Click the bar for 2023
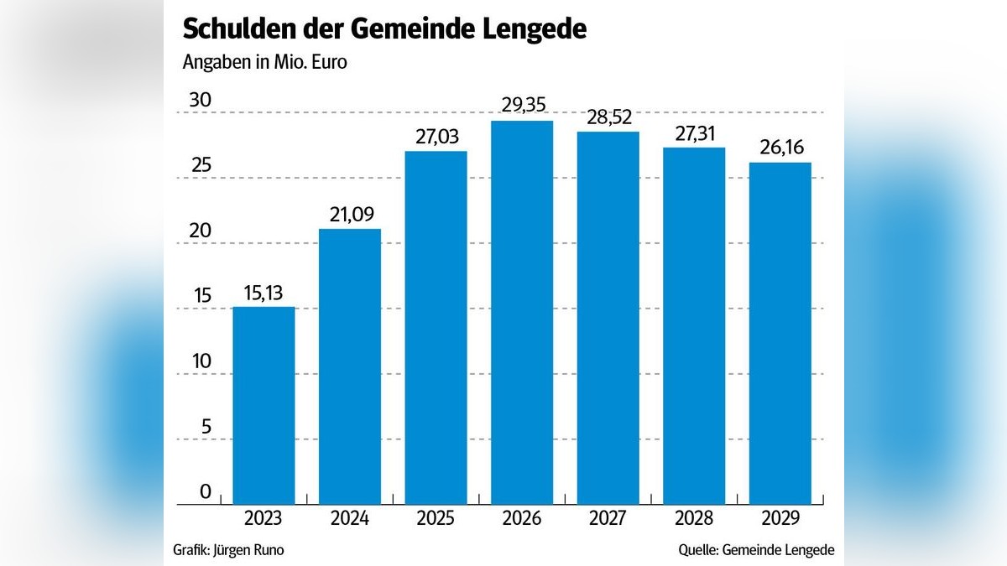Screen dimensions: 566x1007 263,405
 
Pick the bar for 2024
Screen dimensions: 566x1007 350,366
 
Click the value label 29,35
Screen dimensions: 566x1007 522,106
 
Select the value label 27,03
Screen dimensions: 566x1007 436,136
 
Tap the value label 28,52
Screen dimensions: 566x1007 608,117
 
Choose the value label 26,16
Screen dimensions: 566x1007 780,148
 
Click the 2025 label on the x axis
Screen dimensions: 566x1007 436,519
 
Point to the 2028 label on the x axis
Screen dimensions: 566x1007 694,519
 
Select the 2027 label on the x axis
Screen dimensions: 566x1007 608,519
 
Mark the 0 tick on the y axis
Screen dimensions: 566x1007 206,492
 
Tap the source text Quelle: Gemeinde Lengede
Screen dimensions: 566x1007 756,550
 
